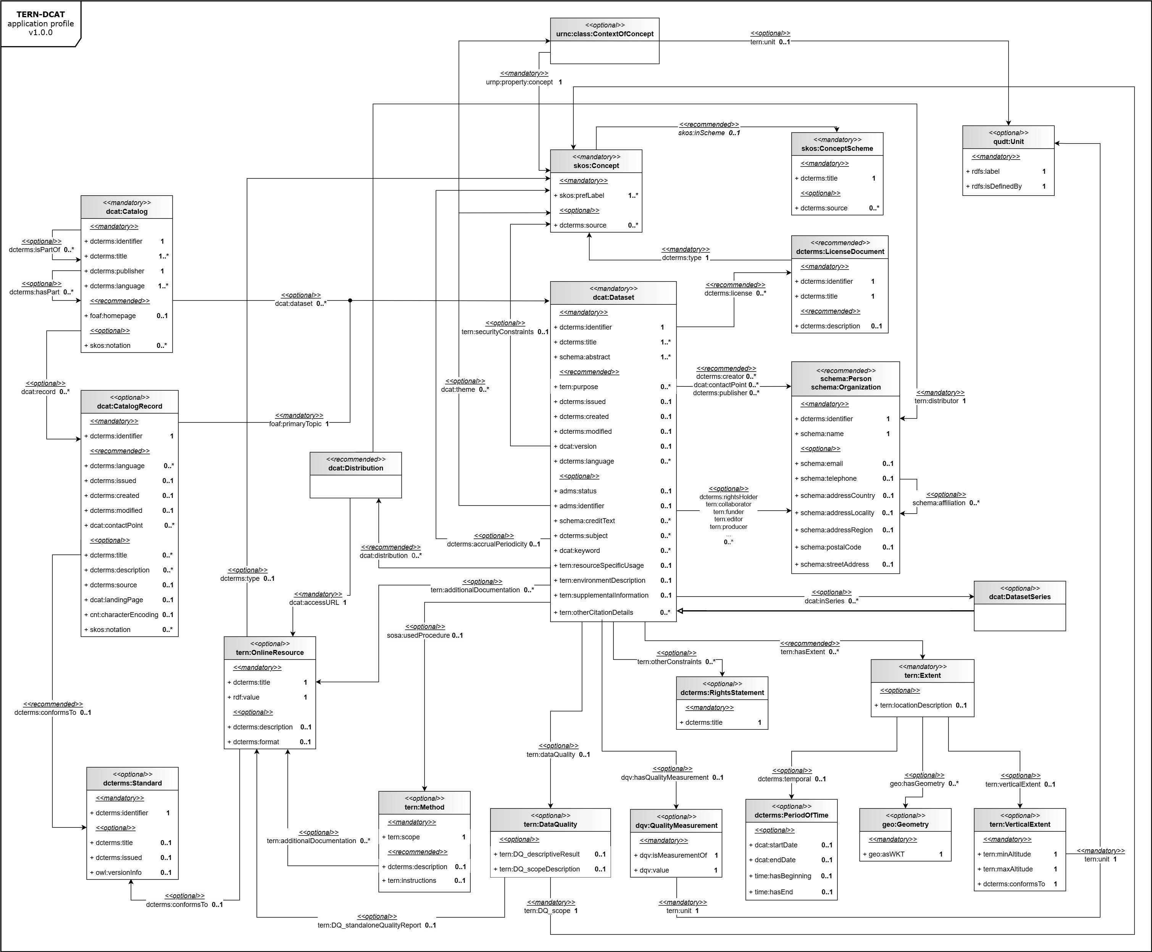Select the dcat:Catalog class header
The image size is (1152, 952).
coord(127,211)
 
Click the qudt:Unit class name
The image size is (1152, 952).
coord(1008,142)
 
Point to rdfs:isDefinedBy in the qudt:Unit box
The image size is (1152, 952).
coord(996,186)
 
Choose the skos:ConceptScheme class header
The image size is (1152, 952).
coord(837,148)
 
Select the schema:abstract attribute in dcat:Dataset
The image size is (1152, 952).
coord(584,357)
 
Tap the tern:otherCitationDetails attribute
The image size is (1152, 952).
coord(596,613)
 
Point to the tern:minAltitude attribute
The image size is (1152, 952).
coord(1007,854)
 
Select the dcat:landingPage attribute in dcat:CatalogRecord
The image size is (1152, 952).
coord(116,600)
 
